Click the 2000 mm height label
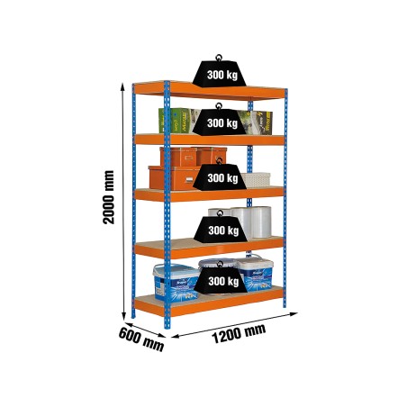point(108,197)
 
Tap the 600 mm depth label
point(141,339)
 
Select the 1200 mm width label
point(239,334)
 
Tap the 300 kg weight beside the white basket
point(220,175)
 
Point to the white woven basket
point(256,179)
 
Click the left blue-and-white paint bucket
point(176,282)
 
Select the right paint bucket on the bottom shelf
point(256,273)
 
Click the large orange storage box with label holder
point(174,178)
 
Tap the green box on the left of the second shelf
point(175,121)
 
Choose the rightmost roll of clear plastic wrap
point(261,222)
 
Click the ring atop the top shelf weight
point(219,58)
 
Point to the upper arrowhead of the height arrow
point(122,86)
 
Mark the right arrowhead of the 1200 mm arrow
point(294,314)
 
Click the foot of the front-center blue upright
point(167,327)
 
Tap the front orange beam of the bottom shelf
point(210,304)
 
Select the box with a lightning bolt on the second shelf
point(258,122)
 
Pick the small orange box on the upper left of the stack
point(178,157)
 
